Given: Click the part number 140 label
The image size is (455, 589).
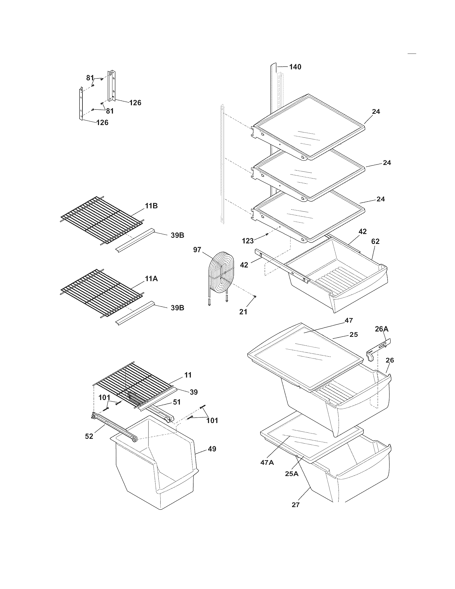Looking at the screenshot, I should [x=295, y=67].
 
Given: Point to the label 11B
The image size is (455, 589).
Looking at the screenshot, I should [x=151, y=206].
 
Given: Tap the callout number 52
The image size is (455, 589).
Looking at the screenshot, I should [x=89, y=436].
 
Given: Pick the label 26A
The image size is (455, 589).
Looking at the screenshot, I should [x=381, y=329].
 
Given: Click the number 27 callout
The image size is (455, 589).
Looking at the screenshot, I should [x=295, y=505].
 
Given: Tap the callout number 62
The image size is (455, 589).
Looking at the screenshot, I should [x=375, y=241].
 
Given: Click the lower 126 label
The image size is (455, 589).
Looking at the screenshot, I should [x=102, y=122].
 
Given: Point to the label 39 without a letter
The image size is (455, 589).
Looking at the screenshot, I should [x=194, y=392].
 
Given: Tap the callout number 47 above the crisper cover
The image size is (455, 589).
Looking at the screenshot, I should [x=348, y=320].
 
